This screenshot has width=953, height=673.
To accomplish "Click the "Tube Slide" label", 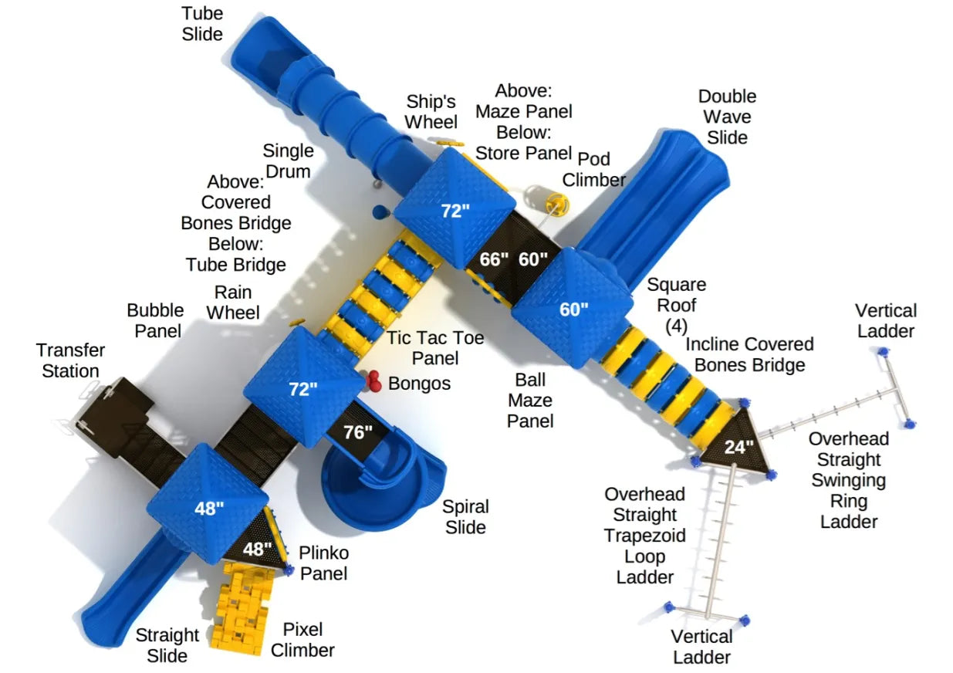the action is pos(202,24).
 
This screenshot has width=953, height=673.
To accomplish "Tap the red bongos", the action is pos(374,380).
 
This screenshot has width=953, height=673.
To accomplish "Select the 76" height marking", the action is pos(358,432).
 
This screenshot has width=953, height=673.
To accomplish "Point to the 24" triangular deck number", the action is pos(739,447).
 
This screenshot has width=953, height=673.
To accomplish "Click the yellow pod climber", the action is pos(558,205).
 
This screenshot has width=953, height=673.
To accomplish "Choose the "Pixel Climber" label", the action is pos(302,640).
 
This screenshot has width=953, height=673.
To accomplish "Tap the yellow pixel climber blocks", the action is pos(242,608).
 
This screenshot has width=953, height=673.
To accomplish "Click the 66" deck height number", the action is pos(494,259).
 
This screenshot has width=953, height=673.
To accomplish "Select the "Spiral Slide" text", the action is pos(465,517).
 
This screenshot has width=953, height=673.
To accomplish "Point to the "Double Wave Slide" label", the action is pos(727,117).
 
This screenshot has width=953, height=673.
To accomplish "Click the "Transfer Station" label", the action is pos(70,360).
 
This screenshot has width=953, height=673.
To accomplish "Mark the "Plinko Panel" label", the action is pos(324,563).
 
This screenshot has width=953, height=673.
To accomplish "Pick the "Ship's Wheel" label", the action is pos(431,112).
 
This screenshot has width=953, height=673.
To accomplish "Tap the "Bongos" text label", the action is pos(419,384).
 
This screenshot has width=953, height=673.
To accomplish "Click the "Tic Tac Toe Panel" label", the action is pos(434,348).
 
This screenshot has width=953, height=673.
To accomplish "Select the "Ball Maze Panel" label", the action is pos(530,401).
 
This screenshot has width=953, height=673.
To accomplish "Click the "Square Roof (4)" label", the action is pos(677,306).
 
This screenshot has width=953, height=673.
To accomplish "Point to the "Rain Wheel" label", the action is pos(233,303).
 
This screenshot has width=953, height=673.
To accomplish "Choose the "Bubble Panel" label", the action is pos(156,321).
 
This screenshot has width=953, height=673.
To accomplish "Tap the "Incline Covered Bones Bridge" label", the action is pos(749,355).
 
